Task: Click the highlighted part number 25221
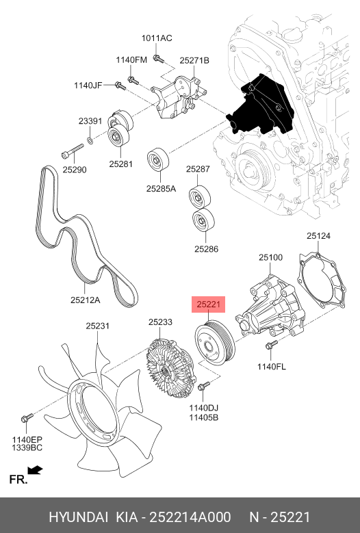[209, 304]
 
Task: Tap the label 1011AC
[157, 38]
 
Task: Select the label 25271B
[194, 60]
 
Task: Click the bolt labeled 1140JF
[120, 86]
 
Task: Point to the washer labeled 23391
[90, 140]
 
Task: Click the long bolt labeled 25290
[73, 151]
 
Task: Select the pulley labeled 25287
[200, 197]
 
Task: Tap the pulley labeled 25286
[203, 220]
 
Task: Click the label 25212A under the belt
[86, 300]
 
